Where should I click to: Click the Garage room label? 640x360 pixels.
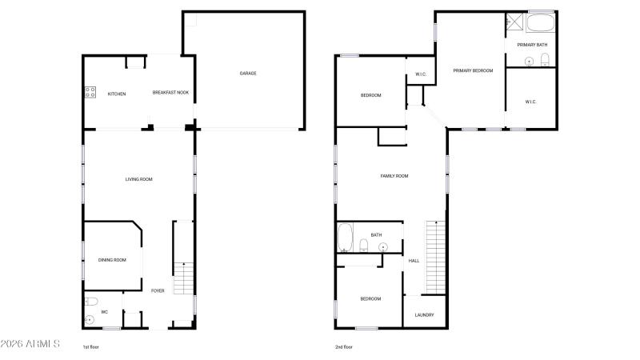pyautogui.click(x=248, y=74)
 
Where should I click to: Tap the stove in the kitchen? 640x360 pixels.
pyautogui.click(x=90, y=92)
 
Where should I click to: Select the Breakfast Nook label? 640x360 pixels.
pyautogui.click(x=170, y=93)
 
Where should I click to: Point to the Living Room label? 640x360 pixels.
pyautogui.click(x=138, y=179)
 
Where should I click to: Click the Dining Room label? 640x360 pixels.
pyautogui.click(x=112, y=260)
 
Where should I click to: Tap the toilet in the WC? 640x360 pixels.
pyautogui.click(x=91, y=302)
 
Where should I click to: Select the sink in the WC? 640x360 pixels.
pyautogui.click(x=90, y=319)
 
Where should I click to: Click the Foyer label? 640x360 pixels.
pyautogui.click(x=158, y=291)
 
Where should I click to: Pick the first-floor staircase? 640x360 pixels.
pyautogui.click(x=183, y=278)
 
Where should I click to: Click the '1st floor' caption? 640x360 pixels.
pyautogui.click(x=90, y=347)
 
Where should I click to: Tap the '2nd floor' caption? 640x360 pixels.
pyautogui.click(x=344, y=347)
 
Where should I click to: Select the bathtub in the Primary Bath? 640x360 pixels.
pyautogui.click(x=540, y=23)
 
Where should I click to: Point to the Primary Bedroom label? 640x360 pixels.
pyautogui.click(x=473, y=70)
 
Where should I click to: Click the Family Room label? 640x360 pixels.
pyautogui.click(x=394, y=176)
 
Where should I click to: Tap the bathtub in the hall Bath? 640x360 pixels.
pyautogui.click(x=345, y=237)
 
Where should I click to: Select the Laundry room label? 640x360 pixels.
pyautogui.click(x=425, y=315)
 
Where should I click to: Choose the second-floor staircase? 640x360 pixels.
pyautogui.click(x=435, y=257)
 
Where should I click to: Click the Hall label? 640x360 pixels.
pyautogui.click(x=414, y=261)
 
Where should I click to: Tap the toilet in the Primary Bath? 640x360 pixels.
pyautogui.click(x=545, y=60)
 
